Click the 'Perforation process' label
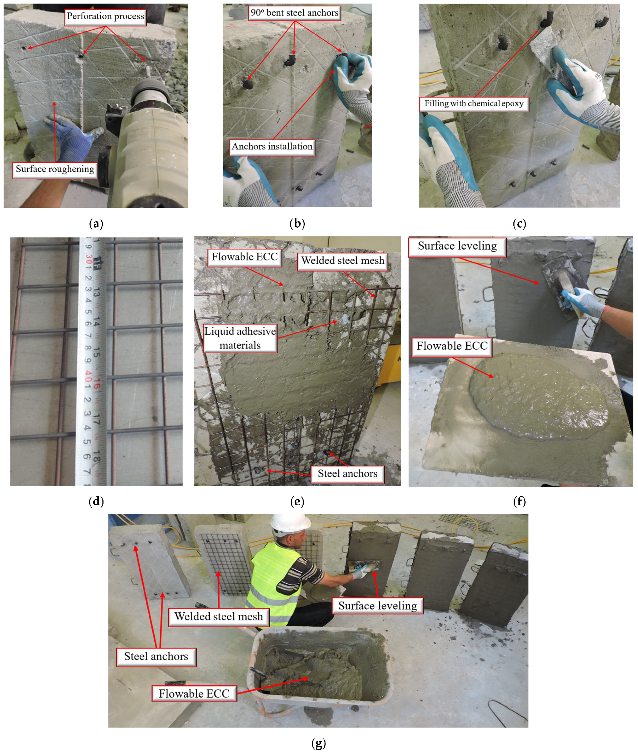click(105, 16)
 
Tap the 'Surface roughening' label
click(55, 169)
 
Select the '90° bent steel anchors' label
click(294, 13)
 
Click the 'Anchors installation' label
click(272, 147)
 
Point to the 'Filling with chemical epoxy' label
click(474, 104)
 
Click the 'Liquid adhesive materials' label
click(240, 338)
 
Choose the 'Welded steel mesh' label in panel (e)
click(343, 261)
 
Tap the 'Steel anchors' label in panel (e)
click(348, 473)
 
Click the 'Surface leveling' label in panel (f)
click(457, 246)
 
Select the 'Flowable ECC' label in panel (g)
click(194, 694)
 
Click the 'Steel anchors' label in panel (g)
click(156, 656)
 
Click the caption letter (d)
click(96, 501)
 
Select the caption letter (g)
click(319, 743)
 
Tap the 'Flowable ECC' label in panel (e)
click(245, 257)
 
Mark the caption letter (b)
click(297, 224)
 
